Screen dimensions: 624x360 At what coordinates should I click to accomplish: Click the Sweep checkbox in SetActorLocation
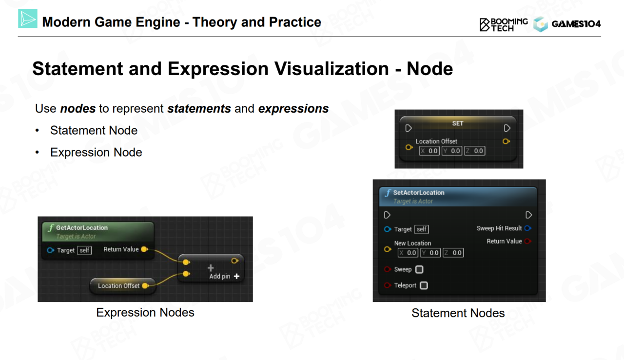[419, 269]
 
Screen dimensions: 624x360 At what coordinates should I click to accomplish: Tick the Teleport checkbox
[424, 285]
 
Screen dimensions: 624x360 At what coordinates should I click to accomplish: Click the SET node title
[458, 123]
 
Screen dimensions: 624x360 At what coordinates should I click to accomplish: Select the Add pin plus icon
[237, 276]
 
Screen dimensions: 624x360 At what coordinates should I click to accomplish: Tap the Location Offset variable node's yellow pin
[145, 285]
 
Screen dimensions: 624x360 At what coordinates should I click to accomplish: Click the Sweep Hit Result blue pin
[528, 228]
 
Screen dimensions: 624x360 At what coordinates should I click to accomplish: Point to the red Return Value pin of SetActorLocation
[528, 241]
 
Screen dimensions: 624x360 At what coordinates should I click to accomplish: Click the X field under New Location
[408, 253]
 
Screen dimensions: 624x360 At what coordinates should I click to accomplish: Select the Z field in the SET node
[475, 151]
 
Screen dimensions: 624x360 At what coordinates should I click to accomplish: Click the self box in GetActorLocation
[84, 250]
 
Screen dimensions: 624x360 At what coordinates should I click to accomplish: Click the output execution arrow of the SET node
[507, 128]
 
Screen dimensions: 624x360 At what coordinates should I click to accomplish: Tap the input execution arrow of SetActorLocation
[387, 215]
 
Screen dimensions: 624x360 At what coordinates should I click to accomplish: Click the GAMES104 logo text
[576, 24]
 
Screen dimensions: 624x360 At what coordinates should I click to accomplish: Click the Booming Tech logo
[504, 25]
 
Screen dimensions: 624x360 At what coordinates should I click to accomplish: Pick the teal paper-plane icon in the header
[28, 19]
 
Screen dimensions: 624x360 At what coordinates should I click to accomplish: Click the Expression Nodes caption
[145, 312]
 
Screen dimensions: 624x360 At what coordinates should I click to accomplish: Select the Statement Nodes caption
[458, 313]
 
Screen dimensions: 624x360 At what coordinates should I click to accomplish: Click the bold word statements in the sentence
[199, 108]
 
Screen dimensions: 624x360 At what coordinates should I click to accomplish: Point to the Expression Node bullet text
[96, 152]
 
